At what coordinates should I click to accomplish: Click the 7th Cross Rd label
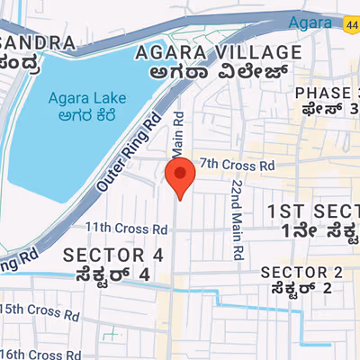click(236, 165)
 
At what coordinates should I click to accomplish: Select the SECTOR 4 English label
click(113, 255)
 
